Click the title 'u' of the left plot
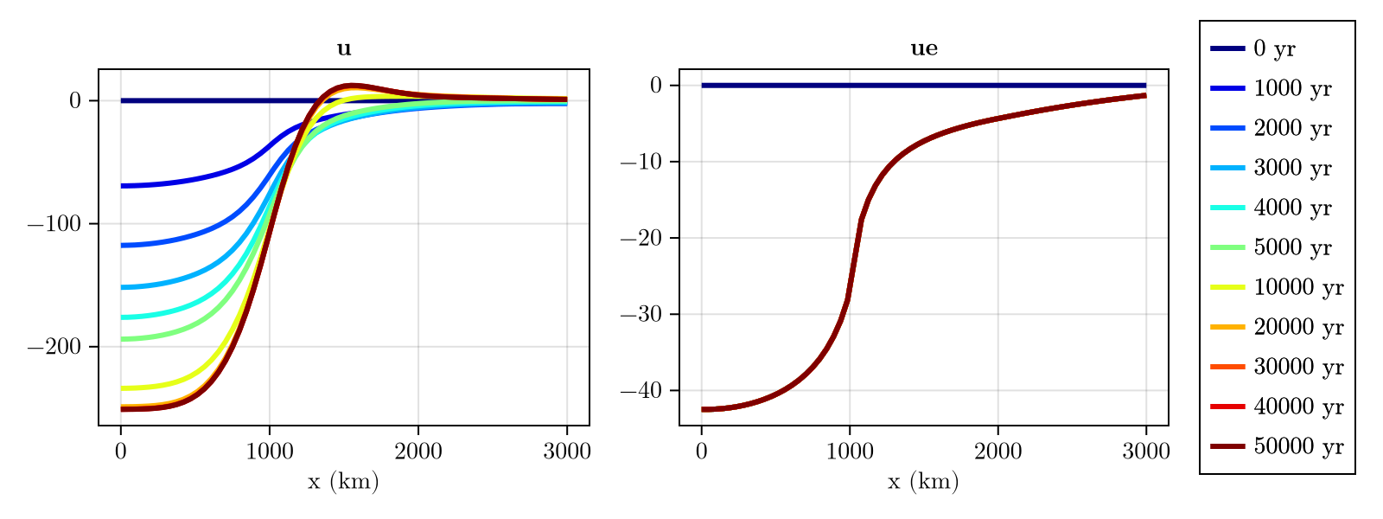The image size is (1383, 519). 344,49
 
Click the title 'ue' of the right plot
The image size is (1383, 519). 924,49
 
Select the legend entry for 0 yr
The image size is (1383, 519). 1274,49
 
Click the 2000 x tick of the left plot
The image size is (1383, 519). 418,452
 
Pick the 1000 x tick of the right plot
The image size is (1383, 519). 850,452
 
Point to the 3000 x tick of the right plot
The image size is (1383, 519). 1146,452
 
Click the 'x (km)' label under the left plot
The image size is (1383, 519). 343,482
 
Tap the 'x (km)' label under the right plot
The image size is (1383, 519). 923,482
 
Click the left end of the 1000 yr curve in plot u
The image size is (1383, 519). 123,186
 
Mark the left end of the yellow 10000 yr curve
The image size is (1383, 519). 123,388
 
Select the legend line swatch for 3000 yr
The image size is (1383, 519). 1227,169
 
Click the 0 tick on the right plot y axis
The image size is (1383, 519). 655,86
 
